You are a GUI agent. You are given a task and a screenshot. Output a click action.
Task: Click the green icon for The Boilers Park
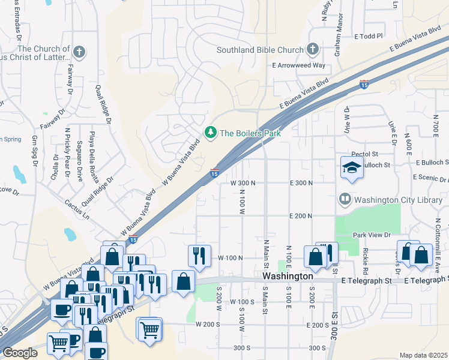coord(210,133)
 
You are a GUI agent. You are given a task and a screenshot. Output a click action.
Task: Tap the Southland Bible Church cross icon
coord(312,49)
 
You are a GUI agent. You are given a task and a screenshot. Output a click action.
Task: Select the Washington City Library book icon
coord(345,199)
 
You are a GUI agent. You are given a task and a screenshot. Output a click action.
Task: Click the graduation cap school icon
coord(352,168)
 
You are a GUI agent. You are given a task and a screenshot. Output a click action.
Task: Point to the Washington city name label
coord(288,277)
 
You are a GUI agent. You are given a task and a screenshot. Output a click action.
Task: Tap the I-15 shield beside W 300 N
coord(214,173)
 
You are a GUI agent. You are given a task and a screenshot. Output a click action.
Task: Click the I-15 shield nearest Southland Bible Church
coord(364,85)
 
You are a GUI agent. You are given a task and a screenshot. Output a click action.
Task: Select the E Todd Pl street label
coord(369,37)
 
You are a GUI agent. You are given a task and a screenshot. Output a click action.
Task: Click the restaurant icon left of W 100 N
coord(199,256)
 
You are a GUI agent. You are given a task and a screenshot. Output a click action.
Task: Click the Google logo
coord(20,353)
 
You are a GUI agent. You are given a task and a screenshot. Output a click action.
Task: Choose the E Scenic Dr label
coord(430,178)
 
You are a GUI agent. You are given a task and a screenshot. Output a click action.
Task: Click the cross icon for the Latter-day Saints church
coord(78,50)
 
